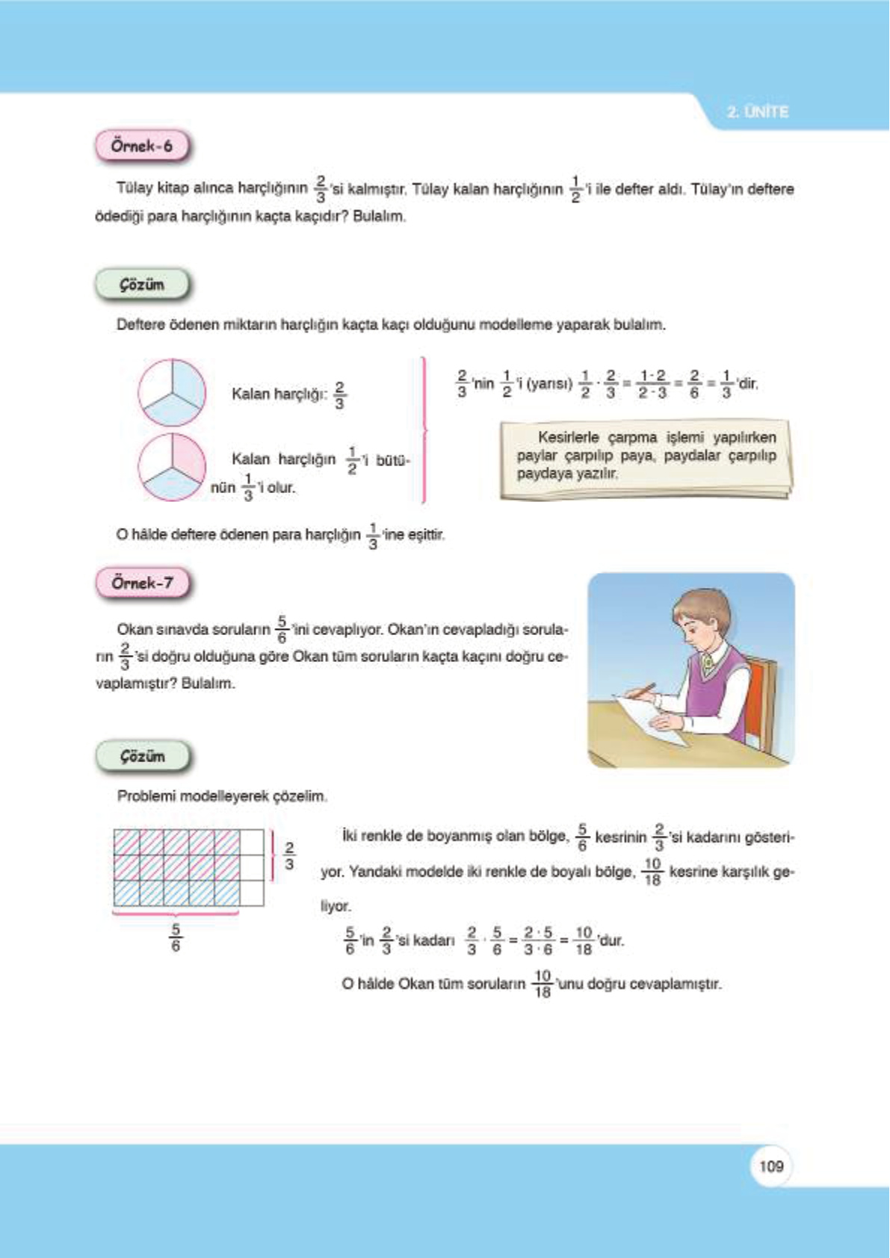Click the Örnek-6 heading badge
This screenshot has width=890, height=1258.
[x=142, y=146]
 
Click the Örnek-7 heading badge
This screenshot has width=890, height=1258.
[x=142, y=583]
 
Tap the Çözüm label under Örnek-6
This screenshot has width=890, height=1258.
[x=142, y=285]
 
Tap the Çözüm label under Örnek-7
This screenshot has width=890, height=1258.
[x=142, y=757]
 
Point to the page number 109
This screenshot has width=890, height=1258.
[x=771, y=1166]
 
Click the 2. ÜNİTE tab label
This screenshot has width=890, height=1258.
[x=757, y=112]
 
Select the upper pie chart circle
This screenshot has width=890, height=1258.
[x=172, y=393]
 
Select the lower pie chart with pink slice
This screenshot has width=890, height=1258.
[x=172, y=467]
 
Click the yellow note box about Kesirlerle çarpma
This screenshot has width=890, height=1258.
[x=646, y=457]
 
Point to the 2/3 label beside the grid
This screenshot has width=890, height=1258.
[x=289, y=856]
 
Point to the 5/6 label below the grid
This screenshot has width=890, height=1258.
[x=176, y=938]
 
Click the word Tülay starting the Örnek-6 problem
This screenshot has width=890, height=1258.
[x=135, y=188]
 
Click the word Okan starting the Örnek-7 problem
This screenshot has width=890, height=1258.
[x=134, y=630]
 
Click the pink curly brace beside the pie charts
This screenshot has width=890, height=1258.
[x=424, y=430]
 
